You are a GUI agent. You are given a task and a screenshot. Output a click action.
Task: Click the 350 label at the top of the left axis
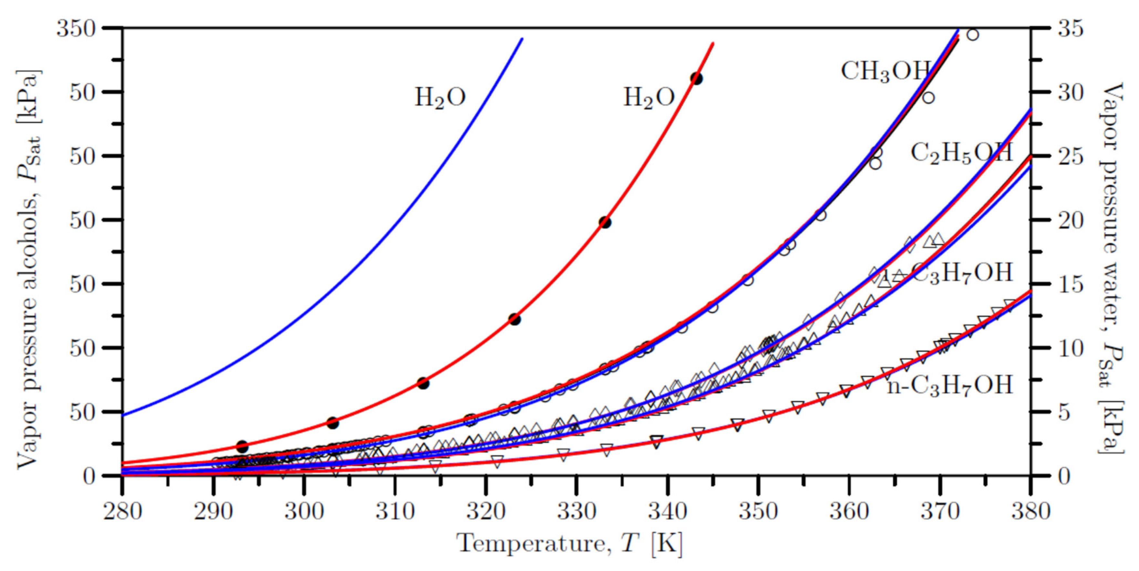click(x=76, y=29)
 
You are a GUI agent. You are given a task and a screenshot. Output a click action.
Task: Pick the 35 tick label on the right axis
click(x=1070, y=29)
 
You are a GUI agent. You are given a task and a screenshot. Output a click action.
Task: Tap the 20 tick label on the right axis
click(x=1070, y=220)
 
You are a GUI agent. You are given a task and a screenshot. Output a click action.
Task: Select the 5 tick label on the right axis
click(x=1063, y=412)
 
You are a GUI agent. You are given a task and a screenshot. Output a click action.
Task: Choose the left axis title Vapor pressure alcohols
click(x=29, y=270)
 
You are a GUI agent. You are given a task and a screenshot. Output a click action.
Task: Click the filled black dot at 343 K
click(x=696, y=79)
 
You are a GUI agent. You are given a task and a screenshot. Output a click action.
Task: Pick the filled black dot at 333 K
click(x=605, y=223)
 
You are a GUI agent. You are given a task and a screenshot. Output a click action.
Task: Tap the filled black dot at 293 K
click(x=242, y=446)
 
